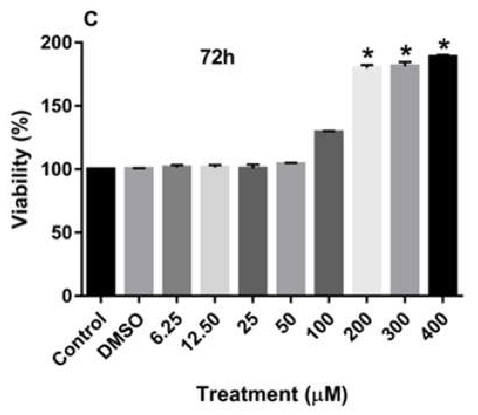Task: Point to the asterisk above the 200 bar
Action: [x=367, y=54]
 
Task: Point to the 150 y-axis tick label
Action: [x=56, y=106]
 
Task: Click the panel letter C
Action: [x=91, y=19]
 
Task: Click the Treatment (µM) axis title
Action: [x=272, y=394]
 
